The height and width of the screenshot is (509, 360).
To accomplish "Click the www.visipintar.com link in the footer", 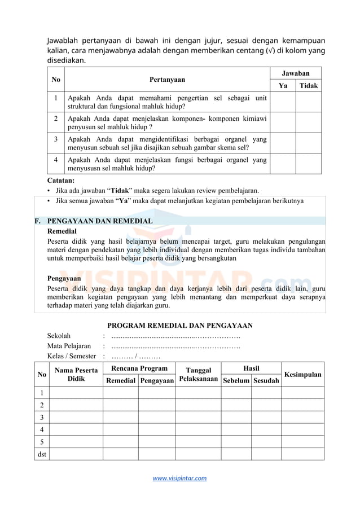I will (180, 478).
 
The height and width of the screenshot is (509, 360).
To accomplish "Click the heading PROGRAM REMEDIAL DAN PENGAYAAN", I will (180, 326).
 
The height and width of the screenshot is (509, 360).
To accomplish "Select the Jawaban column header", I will (295, 73).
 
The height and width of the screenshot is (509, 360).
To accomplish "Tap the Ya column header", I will (283, 86).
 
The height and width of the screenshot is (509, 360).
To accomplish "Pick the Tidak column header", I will (309, 86).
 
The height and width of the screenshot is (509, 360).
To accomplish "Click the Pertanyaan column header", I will (167, 80).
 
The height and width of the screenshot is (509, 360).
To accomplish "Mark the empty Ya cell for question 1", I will (283, 102).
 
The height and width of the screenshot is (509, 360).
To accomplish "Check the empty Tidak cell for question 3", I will (309, 143).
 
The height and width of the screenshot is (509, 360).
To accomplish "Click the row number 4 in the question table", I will (56, 160).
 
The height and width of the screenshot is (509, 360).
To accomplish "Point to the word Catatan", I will (61, 181).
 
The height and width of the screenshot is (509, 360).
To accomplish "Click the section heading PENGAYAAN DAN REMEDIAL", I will (99, 221).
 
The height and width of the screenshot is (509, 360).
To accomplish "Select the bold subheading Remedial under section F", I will (62, 231).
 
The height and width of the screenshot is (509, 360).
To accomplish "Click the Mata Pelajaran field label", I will (69, 346).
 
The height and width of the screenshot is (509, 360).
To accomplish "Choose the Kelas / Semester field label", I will (72, 356).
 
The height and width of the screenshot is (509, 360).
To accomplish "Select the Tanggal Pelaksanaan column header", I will (198, 374).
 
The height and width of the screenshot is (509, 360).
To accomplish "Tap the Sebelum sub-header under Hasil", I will (236, 381).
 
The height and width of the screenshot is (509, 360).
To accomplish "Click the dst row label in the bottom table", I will (42, 454).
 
